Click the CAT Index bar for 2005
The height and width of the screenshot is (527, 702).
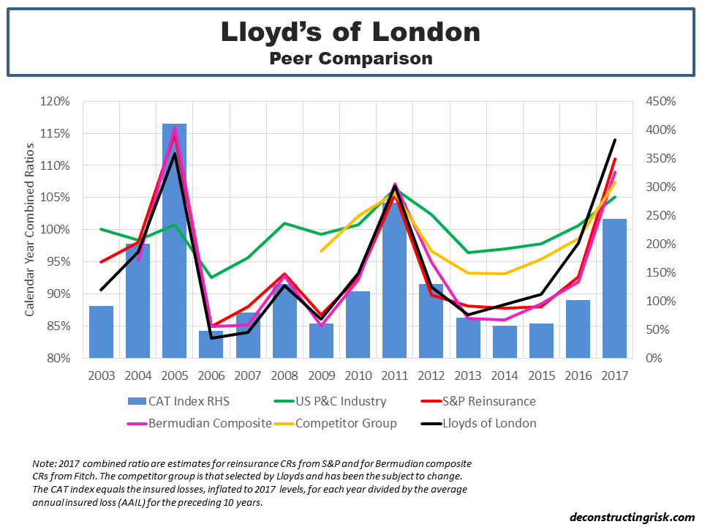point(174,242)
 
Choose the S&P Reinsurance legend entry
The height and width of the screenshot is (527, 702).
point(494,401)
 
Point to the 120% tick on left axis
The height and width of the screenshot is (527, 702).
point(56,101)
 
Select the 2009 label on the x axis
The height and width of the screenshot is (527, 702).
point(321,375)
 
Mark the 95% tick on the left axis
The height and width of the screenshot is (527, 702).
point(58,262)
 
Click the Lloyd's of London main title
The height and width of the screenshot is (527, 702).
point(351,32)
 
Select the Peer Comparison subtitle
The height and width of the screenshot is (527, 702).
point(351,59)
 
